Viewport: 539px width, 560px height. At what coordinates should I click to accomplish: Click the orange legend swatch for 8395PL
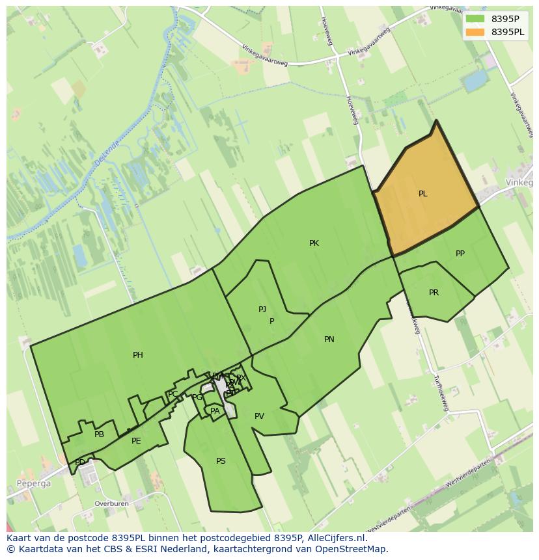pyautogui.click(x=475, y=32)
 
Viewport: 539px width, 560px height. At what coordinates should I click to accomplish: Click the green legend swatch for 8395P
pyautogui.click(x=475, y=19)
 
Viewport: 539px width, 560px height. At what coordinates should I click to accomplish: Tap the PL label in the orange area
pyautogui.click(x=423, y=194)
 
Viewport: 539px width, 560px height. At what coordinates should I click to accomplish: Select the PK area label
pyautogui.click(x=314, y=243)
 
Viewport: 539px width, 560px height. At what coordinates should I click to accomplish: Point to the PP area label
pyautogui.click(x=460, y=254)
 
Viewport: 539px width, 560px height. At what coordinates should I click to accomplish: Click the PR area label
pyautogui.click(x=434, y=293)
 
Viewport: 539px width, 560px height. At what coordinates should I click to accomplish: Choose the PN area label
pyautogui.click(x=329, y=340)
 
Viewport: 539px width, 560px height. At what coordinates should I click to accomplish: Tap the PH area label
pyautogui.click(x=138, y=355)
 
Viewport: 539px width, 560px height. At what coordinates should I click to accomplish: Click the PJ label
pyautogui.click(x=262, y=310)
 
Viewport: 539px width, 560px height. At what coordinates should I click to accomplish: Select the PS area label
pyautogui.click(x=221, y=461)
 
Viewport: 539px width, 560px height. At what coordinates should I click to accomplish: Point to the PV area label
pyautogui.click(x=259, y=416)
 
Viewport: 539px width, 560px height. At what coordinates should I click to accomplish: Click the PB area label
pyautogui.click(x=99, y=434)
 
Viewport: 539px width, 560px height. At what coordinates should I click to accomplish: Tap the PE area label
pyautogui.click(x=136, y=441)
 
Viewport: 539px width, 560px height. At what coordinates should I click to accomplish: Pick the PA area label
pyautogui.click(x=215, y=411)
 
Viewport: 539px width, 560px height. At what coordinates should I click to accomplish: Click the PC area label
pyautogui.click(x=173, y=394)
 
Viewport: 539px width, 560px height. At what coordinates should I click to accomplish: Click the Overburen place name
pyautogui.click(x=111, y=504)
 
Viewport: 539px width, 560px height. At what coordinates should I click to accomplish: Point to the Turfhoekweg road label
pyautogui.click(x=441, y=393)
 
